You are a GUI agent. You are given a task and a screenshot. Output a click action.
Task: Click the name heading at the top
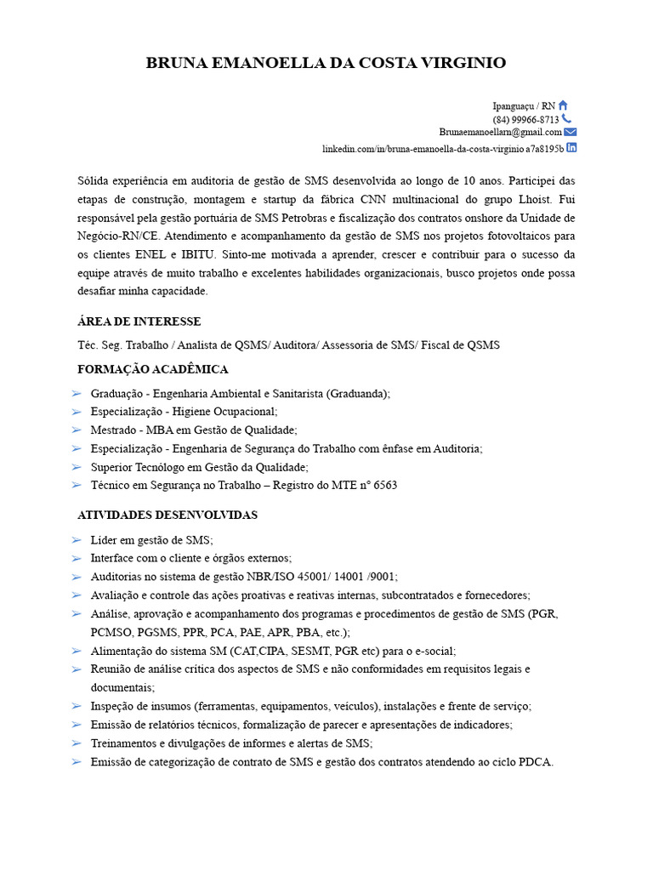pos(326,63)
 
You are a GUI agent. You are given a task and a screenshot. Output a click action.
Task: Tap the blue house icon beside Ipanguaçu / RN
pos(563,105)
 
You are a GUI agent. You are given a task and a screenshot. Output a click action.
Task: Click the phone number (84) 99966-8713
pos(525,120)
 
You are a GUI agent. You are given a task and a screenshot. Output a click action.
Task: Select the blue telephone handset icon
pos(566,119)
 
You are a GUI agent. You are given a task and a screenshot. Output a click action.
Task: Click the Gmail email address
pos(500,133)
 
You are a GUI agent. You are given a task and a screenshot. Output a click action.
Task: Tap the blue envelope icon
pos(571,132)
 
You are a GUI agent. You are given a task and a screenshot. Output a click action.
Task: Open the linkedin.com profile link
pos(443,148)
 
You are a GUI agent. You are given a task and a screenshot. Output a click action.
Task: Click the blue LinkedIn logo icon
pos(571,147)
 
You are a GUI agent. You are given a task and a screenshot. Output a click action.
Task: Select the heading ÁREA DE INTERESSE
pos(139,322)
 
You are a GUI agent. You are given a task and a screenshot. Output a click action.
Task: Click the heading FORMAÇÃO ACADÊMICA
pos(153,369)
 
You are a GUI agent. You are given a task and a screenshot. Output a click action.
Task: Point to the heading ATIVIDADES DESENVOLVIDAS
pos(168,515)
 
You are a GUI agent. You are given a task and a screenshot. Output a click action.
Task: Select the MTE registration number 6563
pos(385,486)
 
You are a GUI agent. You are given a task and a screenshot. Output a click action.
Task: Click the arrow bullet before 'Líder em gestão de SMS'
pos(77,540)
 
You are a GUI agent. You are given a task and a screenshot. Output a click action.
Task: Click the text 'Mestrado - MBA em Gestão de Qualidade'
pos(194,430)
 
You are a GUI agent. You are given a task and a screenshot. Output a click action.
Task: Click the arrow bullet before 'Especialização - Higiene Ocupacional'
pos(77,412)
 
